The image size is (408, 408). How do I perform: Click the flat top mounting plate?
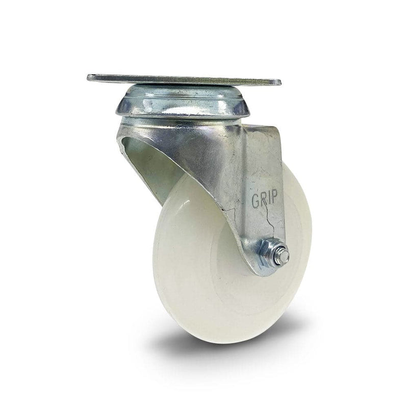click(x=184, y=80)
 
